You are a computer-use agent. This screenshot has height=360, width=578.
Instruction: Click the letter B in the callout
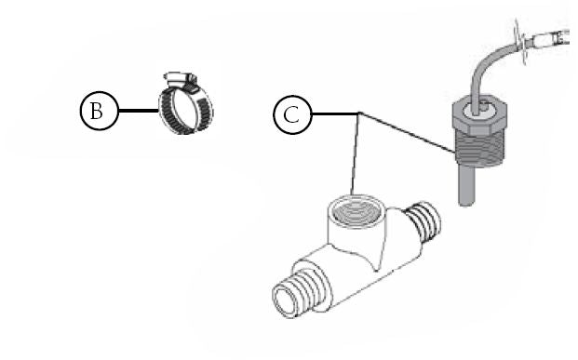point(95,112)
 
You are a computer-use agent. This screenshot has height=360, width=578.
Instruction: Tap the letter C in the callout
point(290,116)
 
